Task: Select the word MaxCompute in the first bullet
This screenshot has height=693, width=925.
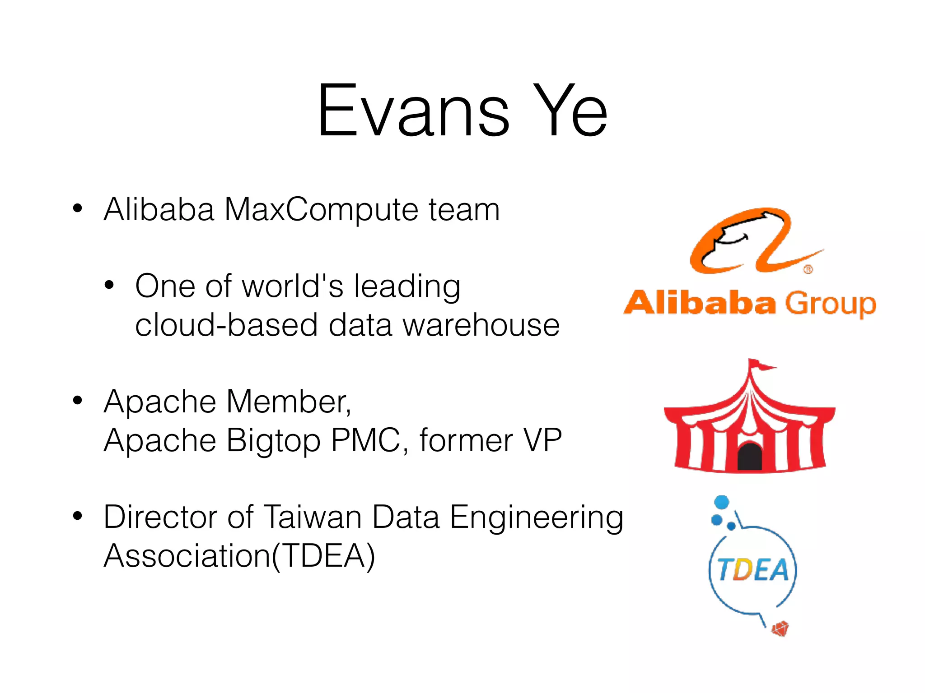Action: click(x=320, y=211)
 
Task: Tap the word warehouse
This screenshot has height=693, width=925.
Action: click(x=481, y=326)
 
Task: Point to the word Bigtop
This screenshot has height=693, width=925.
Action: click(x=273, y=441)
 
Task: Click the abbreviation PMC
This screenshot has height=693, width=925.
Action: click(x=366, y=440)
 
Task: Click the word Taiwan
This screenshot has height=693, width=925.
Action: click(x=312, y=517)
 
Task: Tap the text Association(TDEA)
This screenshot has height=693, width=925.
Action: click(x=239, y=556)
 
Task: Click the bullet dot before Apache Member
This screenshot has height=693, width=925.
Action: click(x=78, y=400)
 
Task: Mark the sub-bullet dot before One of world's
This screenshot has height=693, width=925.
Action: click(x=109, y=285)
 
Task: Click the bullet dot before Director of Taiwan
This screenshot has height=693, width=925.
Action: click(x=78, y=516)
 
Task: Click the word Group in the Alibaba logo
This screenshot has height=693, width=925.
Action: click(x=830, y=305)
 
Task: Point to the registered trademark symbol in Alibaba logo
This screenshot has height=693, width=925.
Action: click(x=808, y=269)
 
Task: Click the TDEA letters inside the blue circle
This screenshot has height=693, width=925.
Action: click(x=753, y=570)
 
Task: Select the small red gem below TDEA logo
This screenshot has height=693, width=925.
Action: click(x=780, y=628)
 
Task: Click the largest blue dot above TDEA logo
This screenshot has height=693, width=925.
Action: click(x=721, y=502)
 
